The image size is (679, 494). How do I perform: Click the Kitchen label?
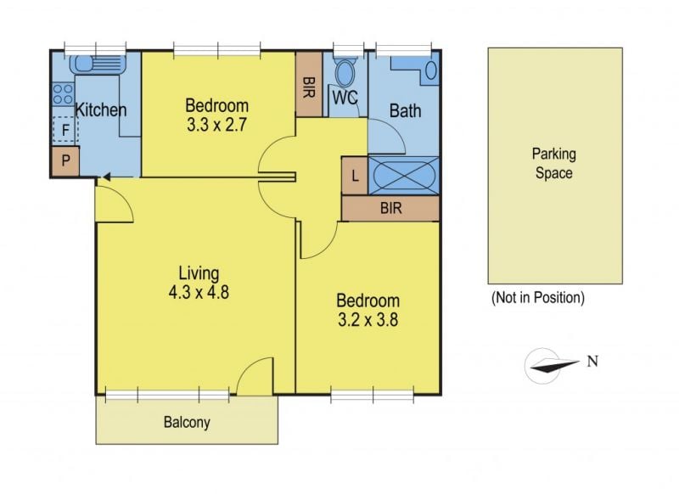[101, 109]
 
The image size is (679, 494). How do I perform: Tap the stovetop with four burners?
[63, 94]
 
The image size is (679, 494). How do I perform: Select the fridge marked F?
[65, 130]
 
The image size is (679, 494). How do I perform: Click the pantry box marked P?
[65, 161]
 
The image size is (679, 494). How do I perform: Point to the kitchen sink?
[98, 65]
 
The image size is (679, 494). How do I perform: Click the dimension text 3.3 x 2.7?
[217, 125]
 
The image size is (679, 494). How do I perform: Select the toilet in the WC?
[345, 71]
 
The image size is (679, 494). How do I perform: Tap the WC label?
[345, 98]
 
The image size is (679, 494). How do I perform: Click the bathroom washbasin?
[431, 70]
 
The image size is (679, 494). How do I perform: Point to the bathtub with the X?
[404, 176]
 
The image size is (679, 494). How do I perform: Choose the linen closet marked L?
[355, 176]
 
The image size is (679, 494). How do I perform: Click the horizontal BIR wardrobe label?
[391, 208]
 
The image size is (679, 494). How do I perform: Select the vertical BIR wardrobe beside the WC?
[309, 84]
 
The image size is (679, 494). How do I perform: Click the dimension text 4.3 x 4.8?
[199, 292]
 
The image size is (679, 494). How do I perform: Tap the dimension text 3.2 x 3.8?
[368, 320]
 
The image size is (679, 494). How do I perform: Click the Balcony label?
[187, 422]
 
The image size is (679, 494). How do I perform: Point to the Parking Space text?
[554, 163]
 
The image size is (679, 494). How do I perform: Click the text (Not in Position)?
[538, 298]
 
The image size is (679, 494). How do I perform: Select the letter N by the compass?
[592, 361]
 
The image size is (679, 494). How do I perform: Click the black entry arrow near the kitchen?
[106, 177]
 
